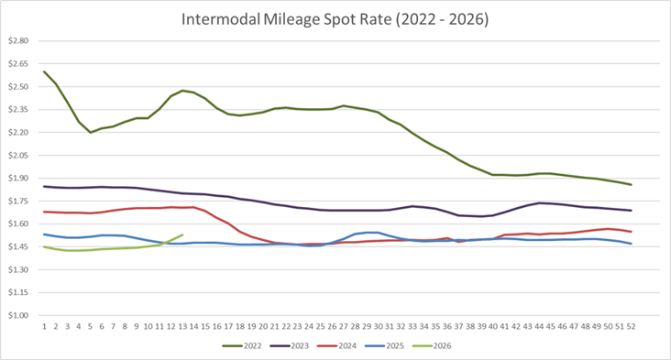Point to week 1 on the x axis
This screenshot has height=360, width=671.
44,325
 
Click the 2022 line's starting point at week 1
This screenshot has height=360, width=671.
44,71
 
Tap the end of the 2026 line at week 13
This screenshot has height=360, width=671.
182,235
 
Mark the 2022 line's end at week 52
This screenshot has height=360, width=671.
630,185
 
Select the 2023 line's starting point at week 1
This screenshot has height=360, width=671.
44,186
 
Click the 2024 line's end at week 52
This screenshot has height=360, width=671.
630,232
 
